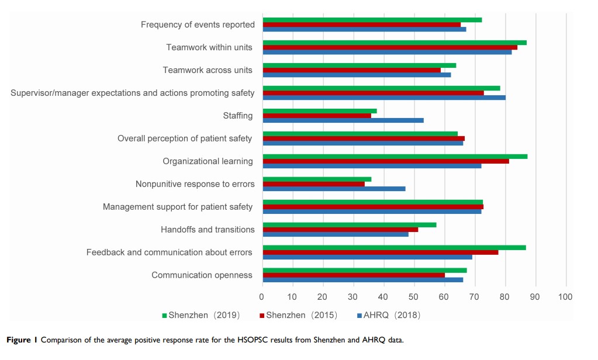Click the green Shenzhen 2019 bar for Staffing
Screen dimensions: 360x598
320,111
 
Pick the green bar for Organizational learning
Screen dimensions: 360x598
395,157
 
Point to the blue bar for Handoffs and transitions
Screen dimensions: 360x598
336,234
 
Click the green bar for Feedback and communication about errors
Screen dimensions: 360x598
394,248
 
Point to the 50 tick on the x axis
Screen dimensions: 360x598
414,297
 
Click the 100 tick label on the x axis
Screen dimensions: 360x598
565,297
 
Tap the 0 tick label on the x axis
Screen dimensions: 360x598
262,297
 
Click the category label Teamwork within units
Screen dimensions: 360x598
209,47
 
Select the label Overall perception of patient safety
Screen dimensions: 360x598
185,139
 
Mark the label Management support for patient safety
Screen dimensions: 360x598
178,207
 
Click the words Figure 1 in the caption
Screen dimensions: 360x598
22,340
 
